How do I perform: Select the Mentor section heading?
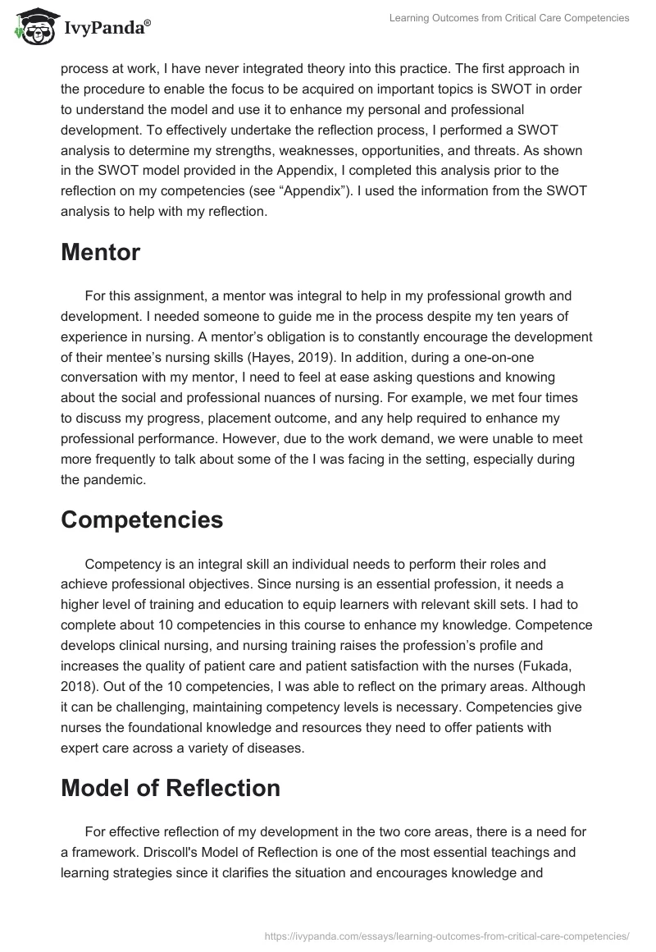point(100,253)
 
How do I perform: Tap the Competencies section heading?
point(142,519)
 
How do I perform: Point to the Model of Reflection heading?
point(171,787)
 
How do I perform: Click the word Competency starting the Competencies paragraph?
point(121,565)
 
